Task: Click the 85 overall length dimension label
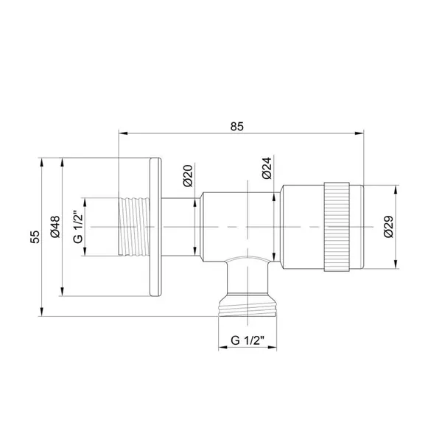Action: [236, 127]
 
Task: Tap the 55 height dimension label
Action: [35, 236]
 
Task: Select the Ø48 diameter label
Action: [55, 227]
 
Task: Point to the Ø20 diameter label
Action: [187, 175]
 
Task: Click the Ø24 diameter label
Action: [267, 168]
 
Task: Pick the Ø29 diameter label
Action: [388, 227]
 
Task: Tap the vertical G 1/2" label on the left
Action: [78, 227]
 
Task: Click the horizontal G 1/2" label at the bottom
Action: [248, 340]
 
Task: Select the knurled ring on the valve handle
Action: [337, 227]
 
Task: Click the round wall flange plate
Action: [156, 227]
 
